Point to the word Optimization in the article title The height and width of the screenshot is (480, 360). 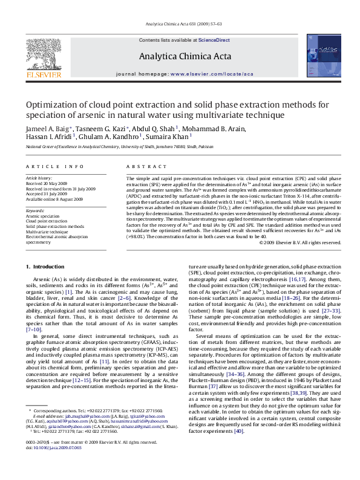pos(51,104)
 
